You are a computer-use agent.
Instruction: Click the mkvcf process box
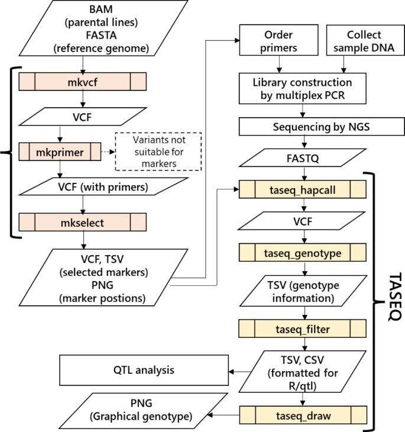pos(83,80)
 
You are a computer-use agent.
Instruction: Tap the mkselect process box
pos(83,223)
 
